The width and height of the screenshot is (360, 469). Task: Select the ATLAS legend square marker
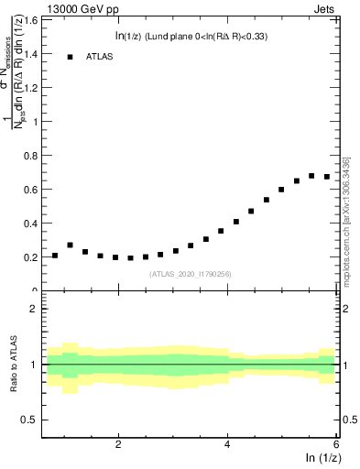(70, 57)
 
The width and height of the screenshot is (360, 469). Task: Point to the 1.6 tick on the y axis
(32, 19)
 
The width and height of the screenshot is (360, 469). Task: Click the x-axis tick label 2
(118, 444)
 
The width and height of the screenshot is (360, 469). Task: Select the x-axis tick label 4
(227, 444)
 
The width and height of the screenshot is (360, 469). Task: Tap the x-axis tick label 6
(336, 444)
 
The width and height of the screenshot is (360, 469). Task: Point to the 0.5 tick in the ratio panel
(30, 420)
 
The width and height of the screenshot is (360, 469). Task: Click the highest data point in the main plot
(311, 176)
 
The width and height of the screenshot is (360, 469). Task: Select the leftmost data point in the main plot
(55, 256)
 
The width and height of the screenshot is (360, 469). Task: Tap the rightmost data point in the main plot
(326, 177)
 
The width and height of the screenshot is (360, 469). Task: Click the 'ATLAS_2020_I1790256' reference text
(191, 274)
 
